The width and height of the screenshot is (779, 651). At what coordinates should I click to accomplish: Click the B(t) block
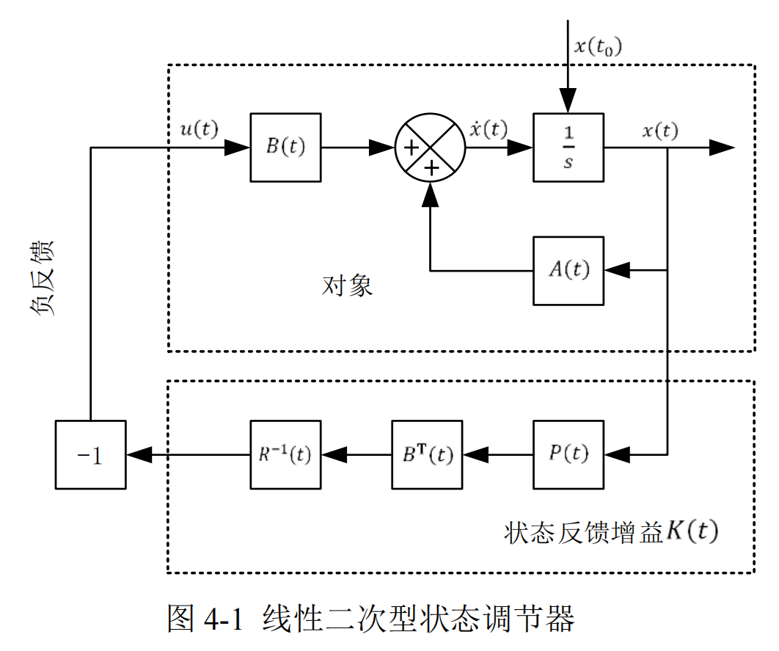point(285,147)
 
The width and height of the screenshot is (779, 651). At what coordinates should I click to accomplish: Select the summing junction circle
point(431,147)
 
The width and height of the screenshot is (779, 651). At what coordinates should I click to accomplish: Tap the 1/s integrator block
point(568,147)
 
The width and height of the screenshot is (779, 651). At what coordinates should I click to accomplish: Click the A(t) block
point(568,270)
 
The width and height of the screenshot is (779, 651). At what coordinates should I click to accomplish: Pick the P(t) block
point(568,454)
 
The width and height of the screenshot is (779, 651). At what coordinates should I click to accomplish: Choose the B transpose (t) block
point(427,454)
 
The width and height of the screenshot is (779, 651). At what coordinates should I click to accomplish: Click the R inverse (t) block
point(285,454)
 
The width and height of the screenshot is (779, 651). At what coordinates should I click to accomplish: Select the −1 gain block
point(90,454)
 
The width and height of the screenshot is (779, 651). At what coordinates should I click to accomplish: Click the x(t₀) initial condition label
point(598,46)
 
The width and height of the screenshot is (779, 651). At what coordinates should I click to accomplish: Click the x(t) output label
point(660,131)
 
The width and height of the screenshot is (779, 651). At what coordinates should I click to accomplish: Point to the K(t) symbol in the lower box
point(691,531)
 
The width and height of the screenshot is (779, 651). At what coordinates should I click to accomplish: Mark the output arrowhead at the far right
point(722,148)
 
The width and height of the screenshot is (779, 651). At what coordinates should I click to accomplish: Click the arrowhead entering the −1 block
point(139,454)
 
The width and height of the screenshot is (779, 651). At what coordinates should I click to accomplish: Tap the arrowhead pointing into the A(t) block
point(617,270)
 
